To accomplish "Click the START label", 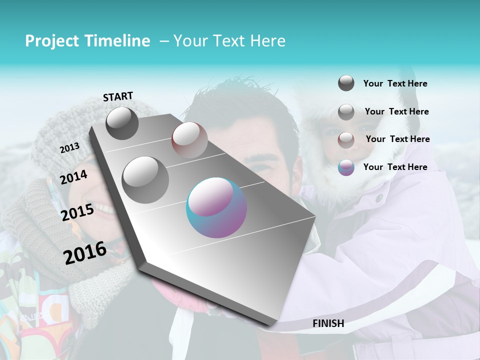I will pos(118,96).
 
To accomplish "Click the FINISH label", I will pos(328,323).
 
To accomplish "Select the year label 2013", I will pos(69,147).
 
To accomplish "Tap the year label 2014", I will pos(73,177).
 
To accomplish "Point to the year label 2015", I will pos(77,212).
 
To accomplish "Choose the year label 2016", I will pos(85,253).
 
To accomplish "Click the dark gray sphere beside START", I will pos(122,123).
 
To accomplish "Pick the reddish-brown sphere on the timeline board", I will pos(189,140).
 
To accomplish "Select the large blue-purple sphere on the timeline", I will pos(216,207).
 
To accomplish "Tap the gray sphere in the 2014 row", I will pos(145,179).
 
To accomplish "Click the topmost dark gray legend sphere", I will pos(346,83).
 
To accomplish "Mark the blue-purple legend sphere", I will pos(346,167).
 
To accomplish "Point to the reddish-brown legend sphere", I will pos(346,139).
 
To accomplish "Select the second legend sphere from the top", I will pos(346,112).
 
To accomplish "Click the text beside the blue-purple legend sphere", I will pos(395,167).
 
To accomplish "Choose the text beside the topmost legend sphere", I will pos(395,83).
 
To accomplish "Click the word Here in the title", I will pos(267,41).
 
